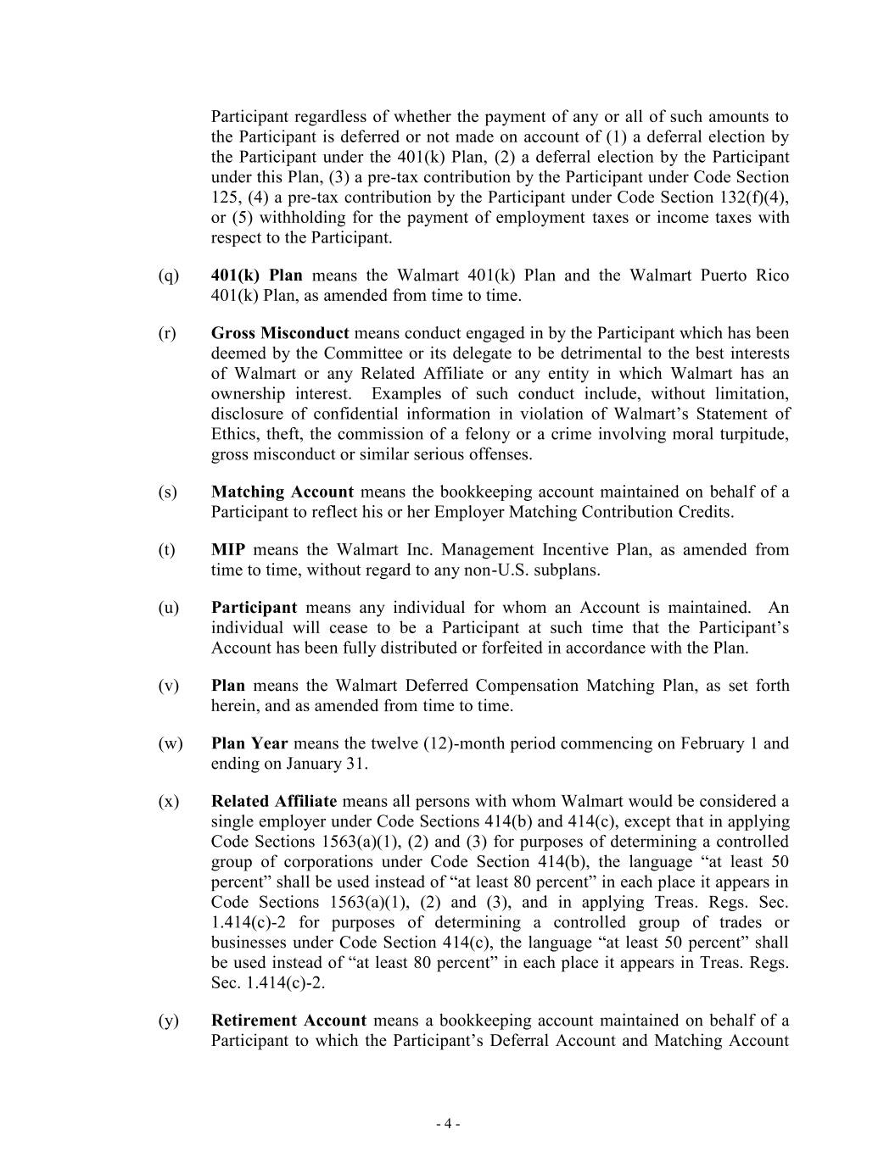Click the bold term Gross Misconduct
(x=280, y=333)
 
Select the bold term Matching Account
(x=282, y=492)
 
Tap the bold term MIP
(x=228, y=549)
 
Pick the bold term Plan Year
(x=249, y=743)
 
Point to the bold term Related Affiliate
(x=274, y=801)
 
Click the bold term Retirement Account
(x=288, y=1021)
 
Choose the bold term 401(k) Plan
(x=256, y=275)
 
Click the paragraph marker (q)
(x=169, y=275)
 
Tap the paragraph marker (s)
(x=168, y=492)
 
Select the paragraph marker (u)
(x=169, y=608)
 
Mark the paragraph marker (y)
(x=169, y=1021)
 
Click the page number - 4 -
(x=448, y=1124)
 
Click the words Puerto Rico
(x=745, y=275)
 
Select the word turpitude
(x=756, y=434)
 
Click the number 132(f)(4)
(x=757, y=197)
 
